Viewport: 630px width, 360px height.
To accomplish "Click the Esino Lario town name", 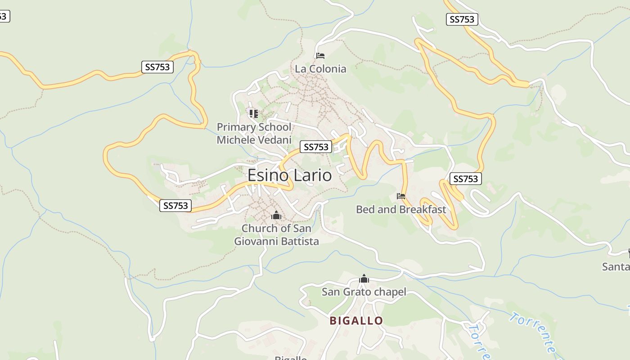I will coord(289,175).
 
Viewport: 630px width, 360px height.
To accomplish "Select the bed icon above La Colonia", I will coord(320,56).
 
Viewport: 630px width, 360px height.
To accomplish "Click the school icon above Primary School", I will coord(254,113).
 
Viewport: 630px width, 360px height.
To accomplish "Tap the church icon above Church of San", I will coord(276,216).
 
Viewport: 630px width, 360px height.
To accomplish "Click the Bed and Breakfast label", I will coord(401,209).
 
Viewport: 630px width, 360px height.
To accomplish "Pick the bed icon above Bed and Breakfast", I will coord(401,196).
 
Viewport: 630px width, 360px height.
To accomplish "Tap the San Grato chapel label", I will coord(364,292).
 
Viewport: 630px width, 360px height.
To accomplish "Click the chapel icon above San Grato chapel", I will coord(364,279).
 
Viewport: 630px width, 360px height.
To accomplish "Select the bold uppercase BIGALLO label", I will coord(356,321).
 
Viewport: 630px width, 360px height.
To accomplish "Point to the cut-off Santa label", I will coord(616,267).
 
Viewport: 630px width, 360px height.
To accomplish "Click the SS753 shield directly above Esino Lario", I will coord(316,147).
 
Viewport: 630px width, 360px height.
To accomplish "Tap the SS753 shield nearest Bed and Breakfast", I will coord(465,179).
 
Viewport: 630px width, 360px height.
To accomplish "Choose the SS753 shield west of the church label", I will coord(175,206).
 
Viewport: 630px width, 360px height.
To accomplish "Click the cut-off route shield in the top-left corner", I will coord(4,17).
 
